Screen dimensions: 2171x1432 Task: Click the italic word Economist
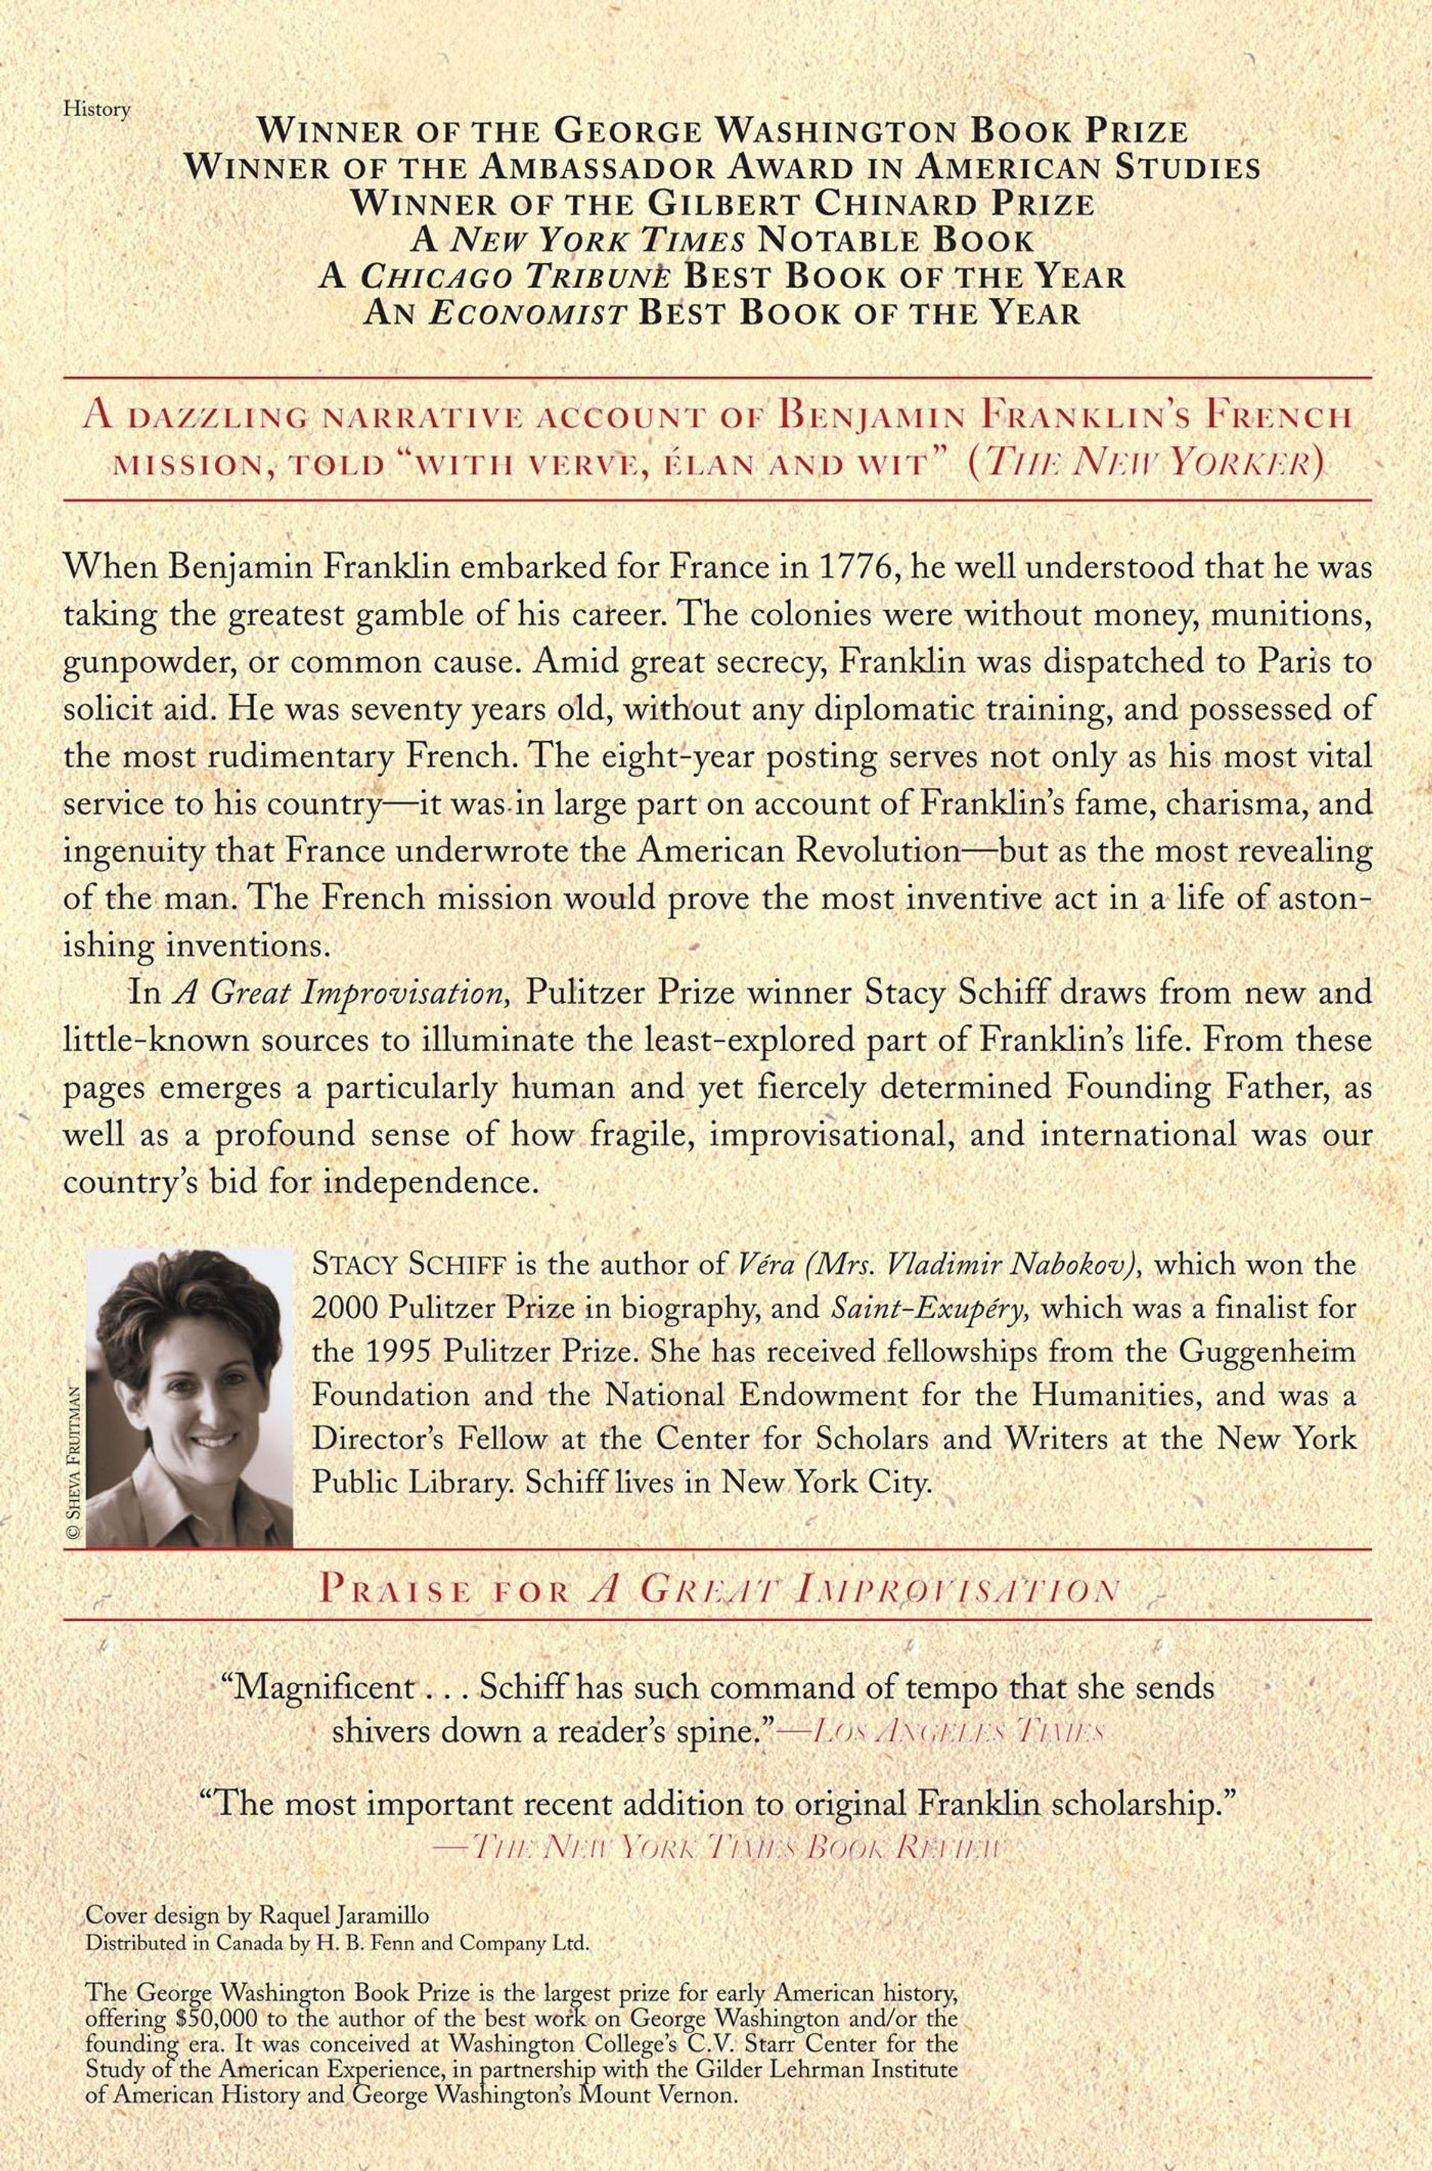tap(528, 313)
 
